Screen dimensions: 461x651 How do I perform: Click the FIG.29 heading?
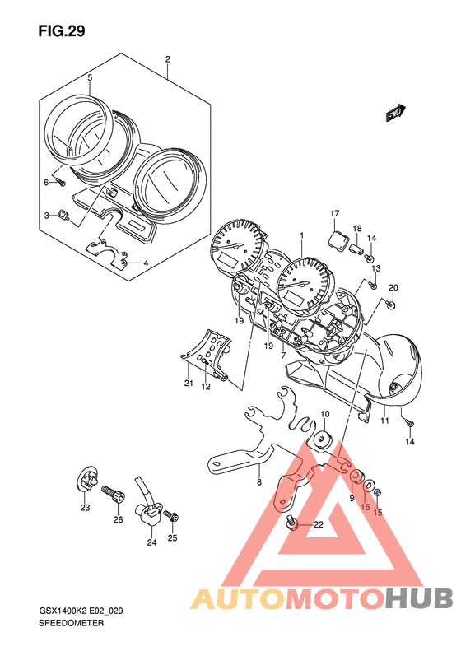(62, 31)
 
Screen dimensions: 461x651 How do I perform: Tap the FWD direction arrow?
(395, 113)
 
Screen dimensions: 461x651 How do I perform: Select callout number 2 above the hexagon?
(167, 59)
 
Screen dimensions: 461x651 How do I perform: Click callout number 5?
(90, 77)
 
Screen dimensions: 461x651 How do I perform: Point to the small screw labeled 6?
(61, 182)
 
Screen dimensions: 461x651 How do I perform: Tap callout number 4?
(146, 263)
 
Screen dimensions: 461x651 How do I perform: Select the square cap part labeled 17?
(337, 240)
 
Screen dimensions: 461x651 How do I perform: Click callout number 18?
(357, 228)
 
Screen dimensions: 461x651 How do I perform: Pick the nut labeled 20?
(391, 305)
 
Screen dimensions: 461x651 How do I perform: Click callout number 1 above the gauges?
(302, 235)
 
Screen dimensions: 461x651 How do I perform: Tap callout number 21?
(189, 384)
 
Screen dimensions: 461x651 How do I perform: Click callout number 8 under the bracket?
(259, 482)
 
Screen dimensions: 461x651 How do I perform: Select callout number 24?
(152, 542)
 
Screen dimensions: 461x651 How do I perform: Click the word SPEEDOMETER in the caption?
(71, 623)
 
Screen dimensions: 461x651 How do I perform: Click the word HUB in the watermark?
(418, 598)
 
